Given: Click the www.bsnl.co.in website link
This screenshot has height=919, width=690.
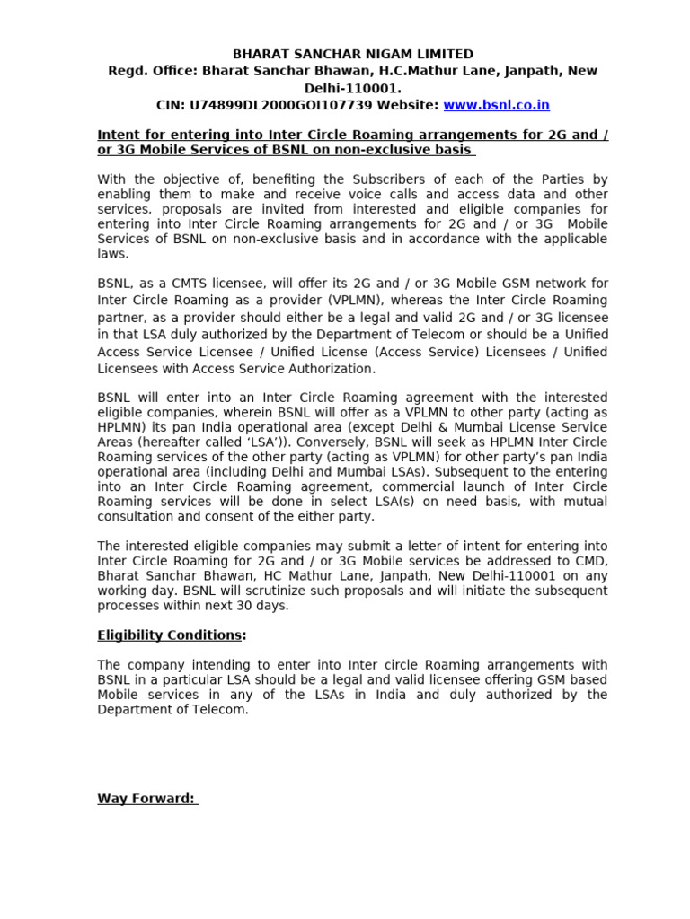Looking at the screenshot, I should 496,105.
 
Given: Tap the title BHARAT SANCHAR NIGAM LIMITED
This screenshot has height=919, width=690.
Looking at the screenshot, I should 353,55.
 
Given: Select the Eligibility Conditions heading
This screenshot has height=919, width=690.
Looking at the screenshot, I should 169,635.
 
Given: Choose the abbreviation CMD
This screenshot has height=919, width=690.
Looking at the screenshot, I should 591,561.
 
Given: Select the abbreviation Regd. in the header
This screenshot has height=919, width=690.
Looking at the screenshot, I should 126,71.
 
